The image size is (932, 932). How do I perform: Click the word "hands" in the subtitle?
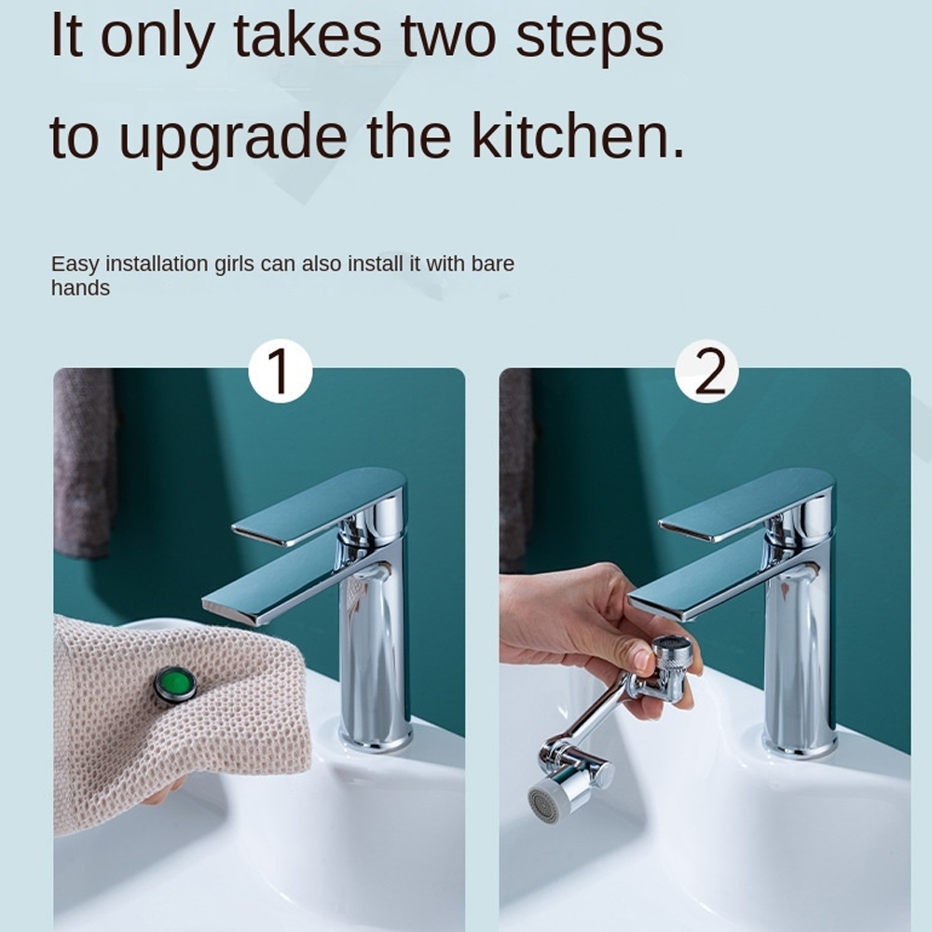coord(80,289)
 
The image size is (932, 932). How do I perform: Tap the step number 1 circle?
coord(280,371)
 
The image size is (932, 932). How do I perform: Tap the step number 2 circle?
coord(706,371)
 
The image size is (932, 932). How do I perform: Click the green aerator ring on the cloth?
coord(175,685)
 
